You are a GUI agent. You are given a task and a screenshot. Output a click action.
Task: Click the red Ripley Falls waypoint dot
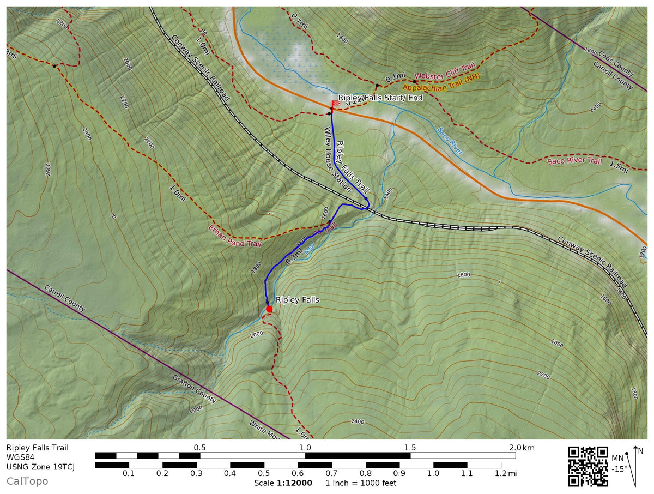click(x=269, y=309)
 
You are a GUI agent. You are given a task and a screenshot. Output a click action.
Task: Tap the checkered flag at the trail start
click(x=336, y=104)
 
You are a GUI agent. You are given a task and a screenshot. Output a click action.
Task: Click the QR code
click(x=588, y=466)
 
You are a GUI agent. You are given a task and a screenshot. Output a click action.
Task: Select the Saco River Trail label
click(x=574, y=161)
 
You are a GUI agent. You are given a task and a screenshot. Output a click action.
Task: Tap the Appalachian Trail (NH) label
click(x=441, y=82)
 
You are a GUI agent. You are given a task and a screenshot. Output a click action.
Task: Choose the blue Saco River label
click(x=450, y=142)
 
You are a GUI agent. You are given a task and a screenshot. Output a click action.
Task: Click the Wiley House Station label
click(x=337, y=159)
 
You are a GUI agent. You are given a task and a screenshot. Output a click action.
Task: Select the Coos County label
click(x=616, y=63)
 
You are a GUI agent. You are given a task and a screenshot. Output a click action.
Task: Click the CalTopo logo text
click(x=27, y=481)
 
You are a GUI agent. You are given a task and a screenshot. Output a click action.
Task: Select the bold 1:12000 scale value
click(x=294, y=483)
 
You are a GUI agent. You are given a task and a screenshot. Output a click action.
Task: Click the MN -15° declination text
click(x=619, y=463)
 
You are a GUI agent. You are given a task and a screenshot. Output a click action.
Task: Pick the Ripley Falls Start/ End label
click(x=380, y=98)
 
